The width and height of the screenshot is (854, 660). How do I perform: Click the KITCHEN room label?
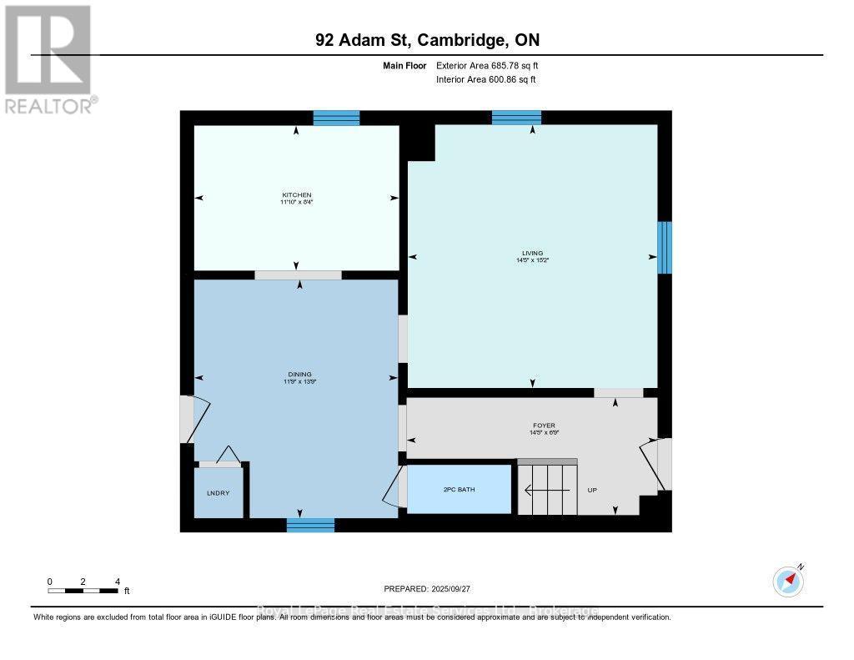pos(296,195)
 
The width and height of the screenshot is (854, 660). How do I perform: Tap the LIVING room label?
pos(532,253)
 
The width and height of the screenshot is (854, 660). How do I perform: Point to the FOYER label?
pos(543,426)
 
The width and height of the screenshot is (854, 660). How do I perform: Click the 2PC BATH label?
pos(459,489)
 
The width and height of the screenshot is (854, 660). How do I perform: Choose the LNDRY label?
pos(218,493)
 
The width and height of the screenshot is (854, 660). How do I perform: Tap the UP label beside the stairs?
pos(592,490)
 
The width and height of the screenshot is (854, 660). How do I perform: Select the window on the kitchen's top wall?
pos(336,118)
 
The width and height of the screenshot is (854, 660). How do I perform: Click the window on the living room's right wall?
pos(665,247)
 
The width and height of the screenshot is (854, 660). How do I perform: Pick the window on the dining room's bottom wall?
pos(310,525)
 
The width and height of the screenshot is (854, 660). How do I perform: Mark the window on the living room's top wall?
pos(516,118)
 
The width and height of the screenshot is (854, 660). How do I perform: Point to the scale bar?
pos(83,591)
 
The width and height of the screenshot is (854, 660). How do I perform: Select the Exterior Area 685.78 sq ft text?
pos(493,65)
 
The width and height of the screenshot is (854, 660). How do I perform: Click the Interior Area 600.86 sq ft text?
pos(486,79)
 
